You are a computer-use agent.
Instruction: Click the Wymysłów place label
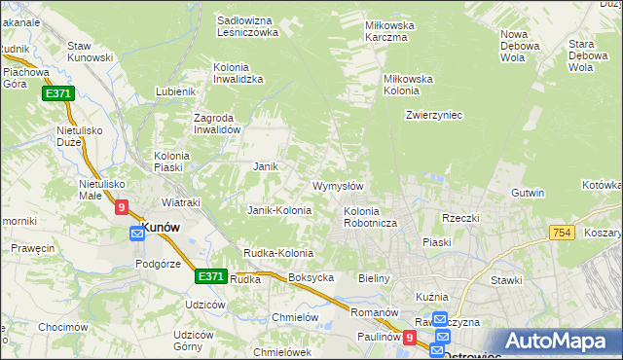coord(338,186)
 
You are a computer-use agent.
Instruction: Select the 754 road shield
coord(561,233)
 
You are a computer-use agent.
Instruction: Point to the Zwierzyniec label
coord(433,115)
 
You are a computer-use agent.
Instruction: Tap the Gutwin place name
coord(528,193)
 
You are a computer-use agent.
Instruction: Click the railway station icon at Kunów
coord(137,234)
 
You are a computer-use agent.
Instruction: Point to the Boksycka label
coord(311,277)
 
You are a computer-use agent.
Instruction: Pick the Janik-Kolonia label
coord(279,210)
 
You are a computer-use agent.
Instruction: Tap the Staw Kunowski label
coord(92,52)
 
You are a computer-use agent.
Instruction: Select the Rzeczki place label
coord(461,218)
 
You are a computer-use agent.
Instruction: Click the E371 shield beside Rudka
coord(211,276)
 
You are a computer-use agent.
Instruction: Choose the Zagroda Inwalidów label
coord(216,124)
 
